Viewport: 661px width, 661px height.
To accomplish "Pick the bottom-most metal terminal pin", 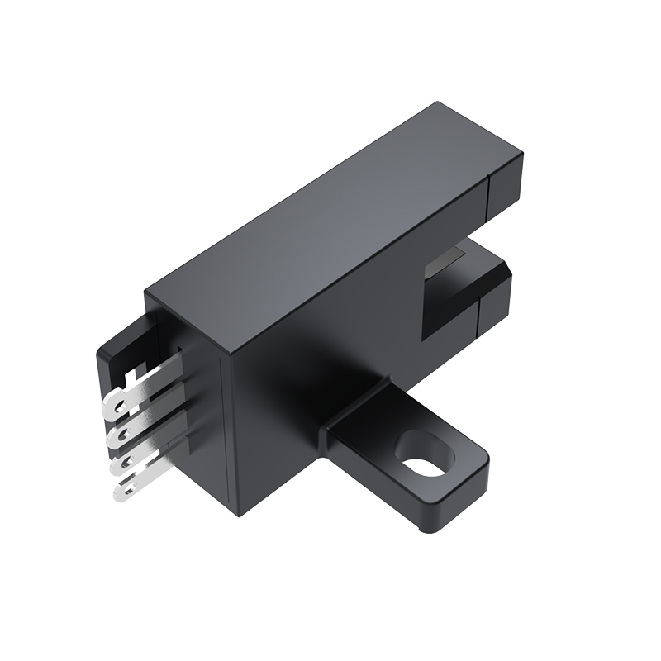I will (x=136, y=484).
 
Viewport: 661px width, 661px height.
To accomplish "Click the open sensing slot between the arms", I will (x=450, y=293).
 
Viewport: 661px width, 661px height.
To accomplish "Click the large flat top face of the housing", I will (x=330, y=223).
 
